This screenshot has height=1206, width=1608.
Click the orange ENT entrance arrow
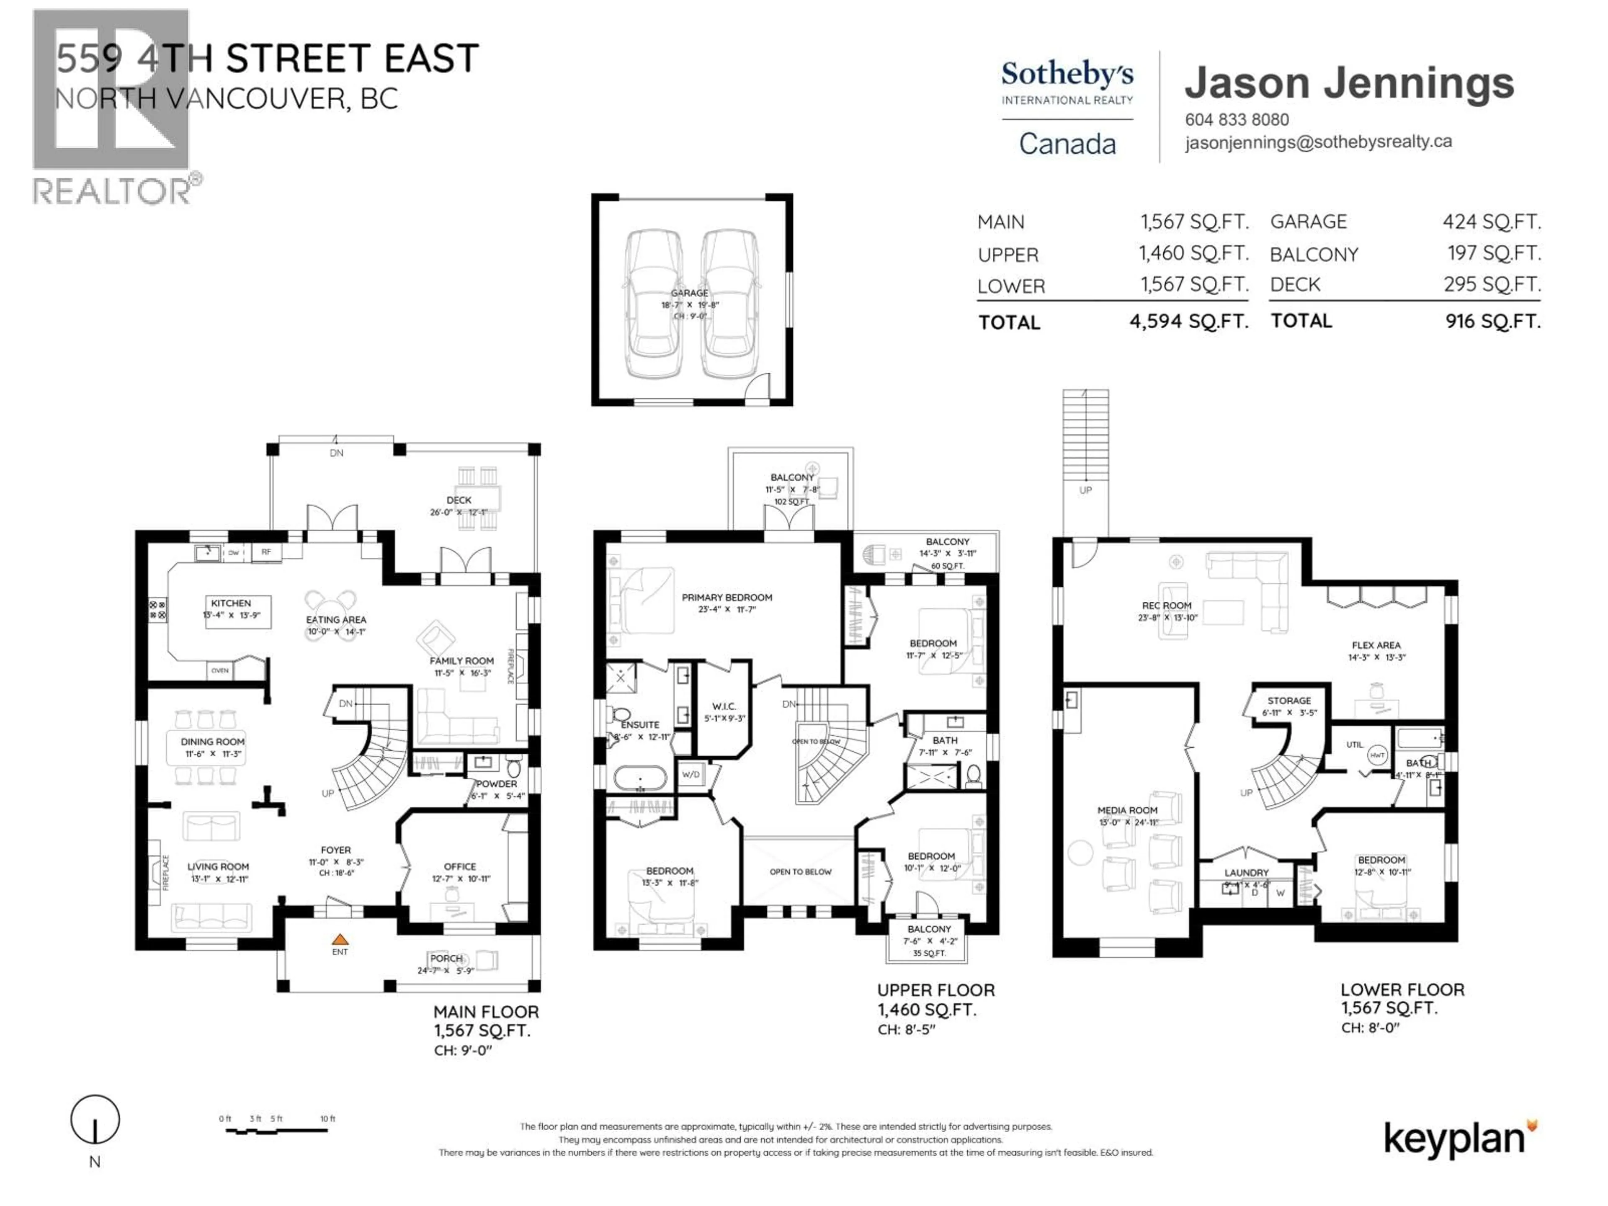coord(340,939)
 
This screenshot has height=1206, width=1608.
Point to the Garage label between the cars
coord(689,293)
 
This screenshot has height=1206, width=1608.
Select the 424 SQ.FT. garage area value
coord(1491,221)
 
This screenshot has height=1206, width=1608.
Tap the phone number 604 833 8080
coord(1237,120)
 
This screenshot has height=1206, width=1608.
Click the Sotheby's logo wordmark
coord(1067,74)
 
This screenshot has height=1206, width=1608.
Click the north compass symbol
coord(95,1120)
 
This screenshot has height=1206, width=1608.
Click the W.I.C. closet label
coord(724,706)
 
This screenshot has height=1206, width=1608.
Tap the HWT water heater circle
coord(1377,756)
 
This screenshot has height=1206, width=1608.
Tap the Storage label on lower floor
coord(1289,701)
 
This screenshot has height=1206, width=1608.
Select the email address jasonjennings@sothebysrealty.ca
coord(1318,142)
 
